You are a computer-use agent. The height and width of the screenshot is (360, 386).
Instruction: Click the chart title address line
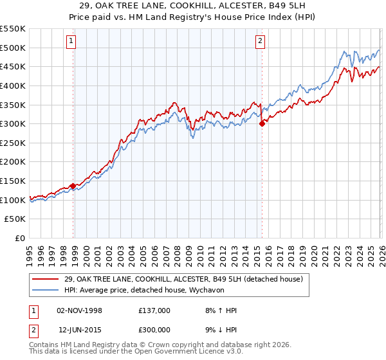pyautogui.click(x=193, y=6)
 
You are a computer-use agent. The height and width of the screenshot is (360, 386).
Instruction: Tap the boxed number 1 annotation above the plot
pyautogui.click(x=70, y=42)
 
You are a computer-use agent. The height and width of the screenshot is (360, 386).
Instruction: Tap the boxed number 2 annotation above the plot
pyautogui.click(x=260, y=42)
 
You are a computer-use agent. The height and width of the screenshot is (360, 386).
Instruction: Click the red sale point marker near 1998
pyautogui.click(x=73, y=186)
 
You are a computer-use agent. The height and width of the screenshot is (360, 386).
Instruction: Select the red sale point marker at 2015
pyautogui.click(x=262, y=124)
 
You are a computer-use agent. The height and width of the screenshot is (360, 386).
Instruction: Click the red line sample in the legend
pyautogui.click(x=46, y=278)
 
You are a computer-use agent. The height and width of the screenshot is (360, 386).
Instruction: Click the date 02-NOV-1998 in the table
pyautogui.click(x=79, y=310)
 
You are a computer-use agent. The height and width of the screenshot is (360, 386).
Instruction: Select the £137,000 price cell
pyautogui.click(x=154, y=310)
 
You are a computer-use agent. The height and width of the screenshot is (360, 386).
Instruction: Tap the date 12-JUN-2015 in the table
pyautogui.click(x=79, y=329)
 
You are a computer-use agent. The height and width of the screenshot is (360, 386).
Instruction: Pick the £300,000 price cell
pyautogui.click(x=154, y=329)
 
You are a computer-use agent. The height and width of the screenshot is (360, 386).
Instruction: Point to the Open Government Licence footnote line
pyautogui.click(x=136, y=352)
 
